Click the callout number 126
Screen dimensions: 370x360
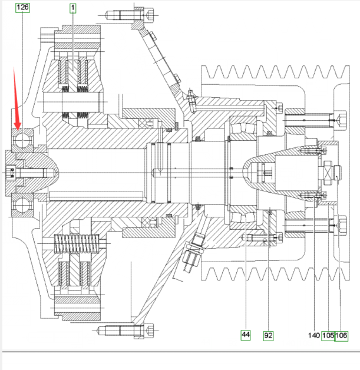point(22,8)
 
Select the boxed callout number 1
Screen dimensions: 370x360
point(73,8)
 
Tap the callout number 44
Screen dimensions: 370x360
point(246,335)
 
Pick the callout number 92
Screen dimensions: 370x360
point(268,335)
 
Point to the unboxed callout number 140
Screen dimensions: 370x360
point(313,335)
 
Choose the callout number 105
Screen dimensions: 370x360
point(328,335)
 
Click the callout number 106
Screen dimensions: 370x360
point(342,335)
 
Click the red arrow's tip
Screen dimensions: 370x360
point(18,128)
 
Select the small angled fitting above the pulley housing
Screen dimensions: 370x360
point(191,97)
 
